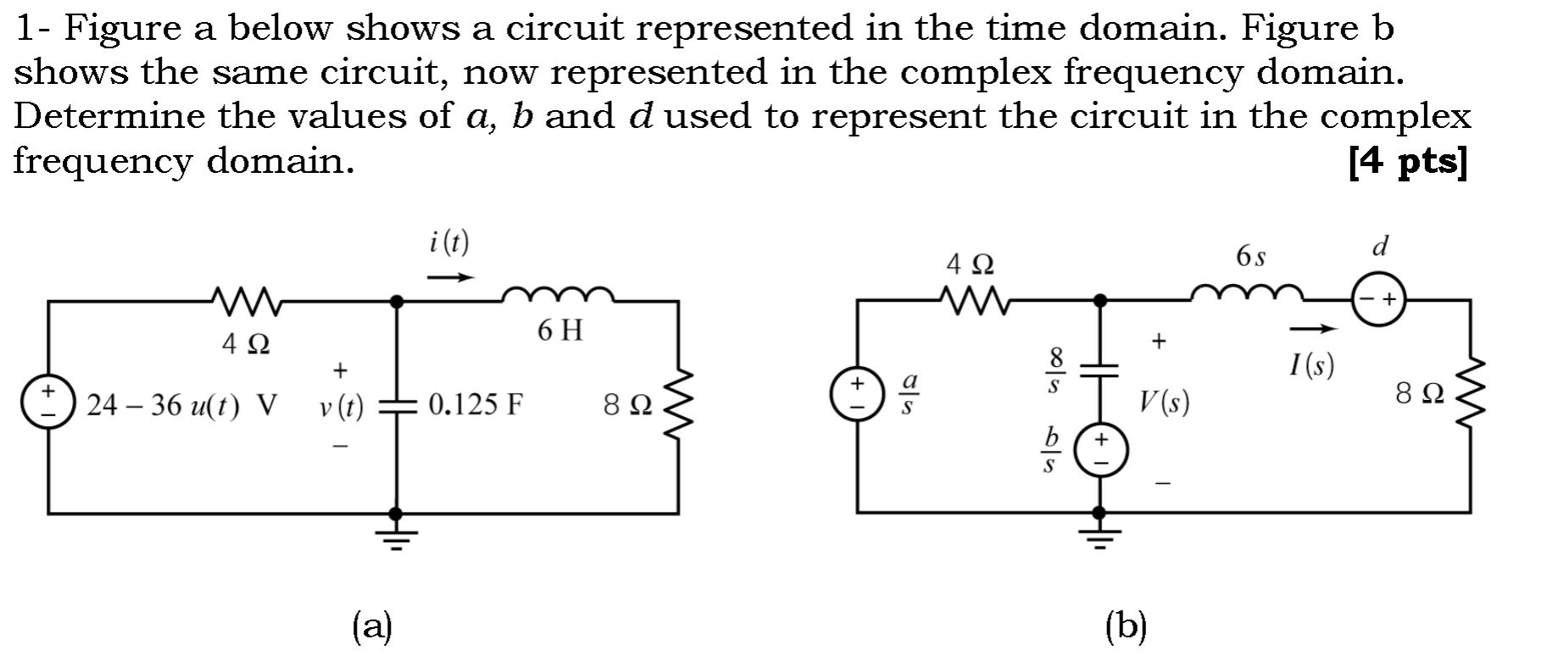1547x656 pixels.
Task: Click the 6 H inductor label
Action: [560, 331]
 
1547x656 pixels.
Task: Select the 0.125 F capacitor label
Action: [475, 405]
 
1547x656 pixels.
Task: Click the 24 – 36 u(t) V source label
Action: [181, 406]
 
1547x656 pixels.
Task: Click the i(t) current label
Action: [448, 243]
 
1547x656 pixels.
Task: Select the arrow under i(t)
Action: [449, 277]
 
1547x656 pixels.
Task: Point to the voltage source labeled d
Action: [1378, 299]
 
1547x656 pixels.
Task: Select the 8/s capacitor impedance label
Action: [1054, 370]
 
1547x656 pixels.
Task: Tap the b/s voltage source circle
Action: [1100, 450]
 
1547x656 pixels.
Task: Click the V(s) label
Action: [1164, 402]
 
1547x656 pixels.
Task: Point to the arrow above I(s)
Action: [1313, 329]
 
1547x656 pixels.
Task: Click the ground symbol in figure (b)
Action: [1099, 531]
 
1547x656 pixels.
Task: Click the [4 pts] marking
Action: [1406, 161]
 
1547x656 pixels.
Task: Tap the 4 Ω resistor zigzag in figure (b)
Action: [972, 299]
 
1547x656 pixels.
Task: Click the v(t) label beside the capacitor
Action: [341, 409]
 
